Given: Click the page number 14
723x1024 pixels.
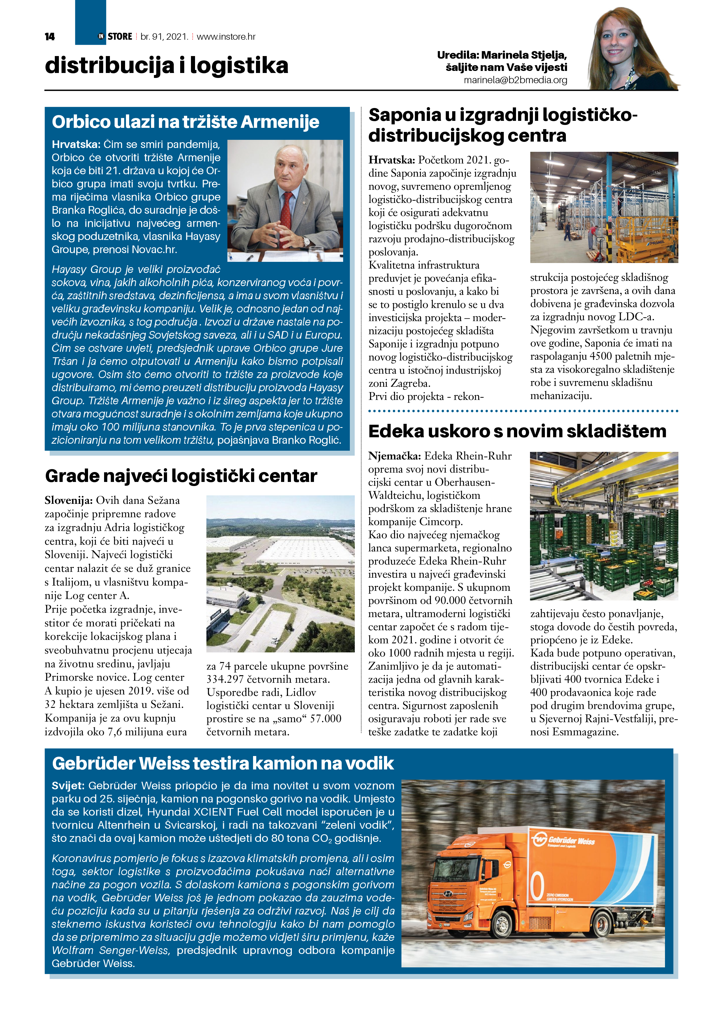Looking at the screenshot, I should [50, 36].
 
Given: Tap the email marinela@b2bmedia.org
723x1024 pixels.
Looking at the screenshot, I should [515, 80].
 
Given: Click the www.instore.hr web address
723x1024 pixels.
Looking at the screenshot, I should [226, 36].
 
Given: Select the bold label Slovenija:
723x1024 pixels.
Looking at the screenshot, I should [68, 500].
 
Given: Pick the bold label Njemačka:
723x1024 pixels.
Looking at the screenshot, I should [394, 456].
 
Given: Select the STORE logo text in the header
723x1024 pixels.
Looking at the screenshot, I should [120, 36].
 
